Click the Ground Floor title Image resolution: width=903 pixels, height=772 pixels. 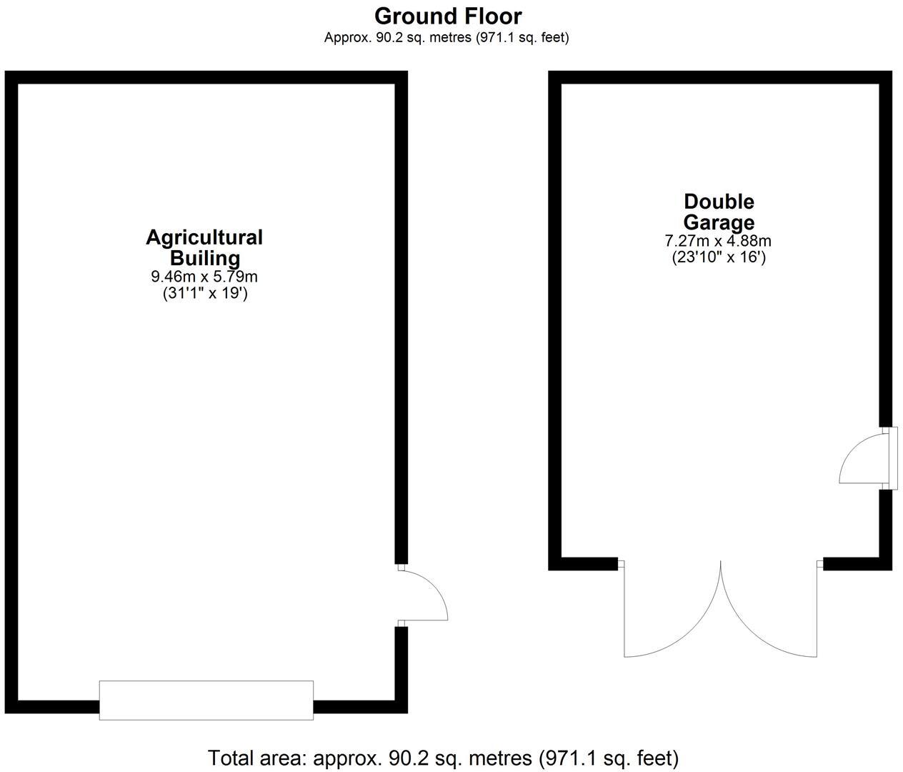coord(447,16)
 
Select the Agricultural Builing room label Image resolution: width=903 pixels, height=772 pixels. coord(204,247)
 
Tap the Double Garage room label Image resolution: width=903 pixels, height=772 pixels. coord(719,212)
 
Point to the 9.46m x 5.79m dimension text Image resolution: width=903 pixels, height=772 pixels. coord(204,277)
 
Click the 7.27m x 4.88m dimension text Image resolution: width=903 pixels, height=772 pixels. coord(718,241)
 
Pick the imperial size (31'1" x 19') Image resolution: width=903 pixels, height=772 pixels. coord(205,293)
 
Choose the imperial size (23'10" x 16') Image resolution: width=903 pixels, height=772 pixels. coord(718,257)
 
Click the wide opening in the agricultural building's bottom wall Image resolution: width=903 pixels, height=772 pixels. coord(206,700)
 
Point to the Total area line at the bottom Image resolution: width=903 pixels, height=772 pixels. coord(443,758)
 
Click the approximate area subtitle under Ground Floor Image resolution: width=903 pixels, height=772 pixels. coord(446,38)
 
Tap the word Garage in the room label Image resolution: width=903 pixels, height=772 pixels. coord(719,222)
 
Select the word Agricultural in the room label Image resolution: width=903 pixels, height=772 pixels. coord(204,237)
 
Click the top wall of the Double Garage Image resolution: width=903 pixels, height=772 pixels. coord(720,77)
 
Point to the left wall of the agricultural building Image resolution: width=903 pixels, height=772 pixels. coord(11,393)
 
